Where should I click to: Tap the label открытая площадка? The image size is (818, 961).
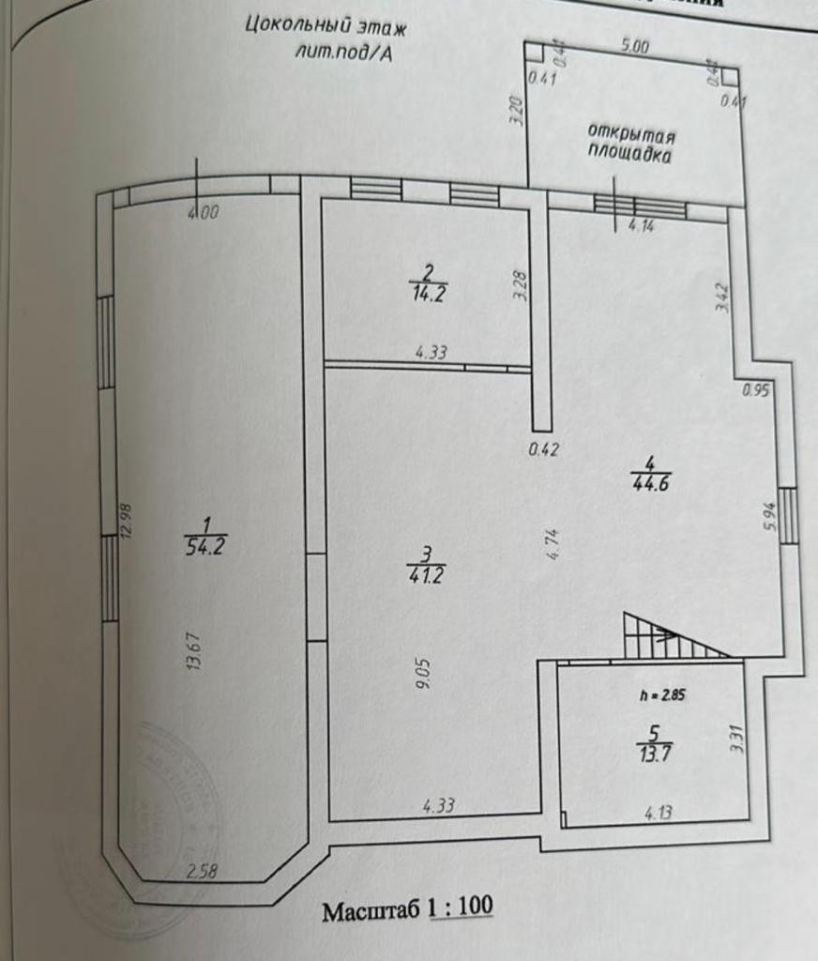(x=631, y=144)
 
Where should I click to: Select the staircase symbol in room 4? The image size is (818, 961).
(x=669, y=636)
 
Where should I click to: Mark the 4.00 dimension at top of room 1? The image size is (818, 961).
(x=203, y=213)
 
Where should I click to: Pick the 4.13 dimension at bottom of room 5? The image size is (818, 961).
(x=658, y=813)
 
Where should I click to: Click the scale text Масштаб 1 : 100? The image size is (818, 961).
(x=407, y=909)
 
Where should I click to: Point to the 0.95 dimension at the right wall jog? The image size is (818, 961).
(x=755, y=390)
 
